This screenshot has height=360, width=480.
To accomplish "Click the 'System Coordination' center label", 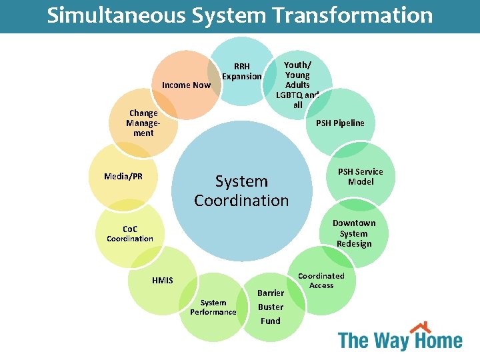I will pos(241,191).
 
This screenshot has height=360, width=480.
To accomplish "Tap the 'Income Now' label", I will pos(186,85).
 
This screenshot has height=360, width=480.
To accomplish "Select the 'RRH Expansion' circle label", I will pos(242,71).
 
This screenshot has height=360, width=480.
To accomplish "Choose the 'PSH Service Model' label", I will pos(361,177).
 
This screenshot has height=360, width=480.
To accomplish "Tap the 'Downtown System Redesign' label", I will pos(354,233).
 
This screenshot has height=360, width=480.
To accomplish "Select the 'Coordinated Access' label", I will pos(321,281).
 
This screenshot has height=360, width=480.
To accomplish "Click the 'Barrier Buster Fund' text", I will pos(271,307).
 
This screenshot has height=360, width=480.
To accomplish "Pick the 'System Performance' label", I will pos(213,307).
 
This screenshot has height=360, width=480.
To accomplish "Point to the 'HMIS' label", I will pos(162,281).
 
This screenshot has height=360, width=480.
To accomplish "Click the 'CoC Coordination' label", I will pos(129,234).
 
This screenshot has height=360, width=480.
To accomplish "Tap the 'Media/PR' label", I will pos(123,177).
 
